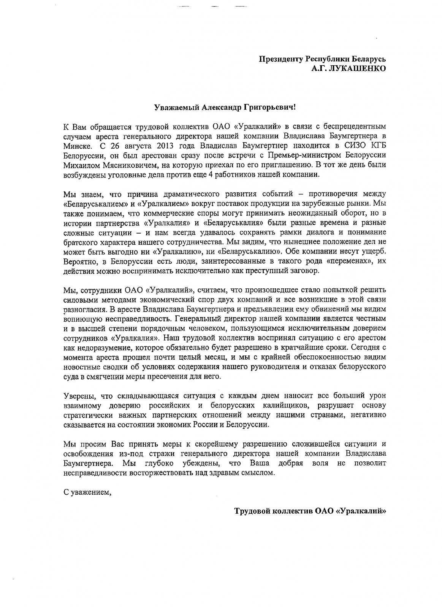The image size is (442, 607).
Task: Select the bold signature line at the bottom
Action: point(310,511)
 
